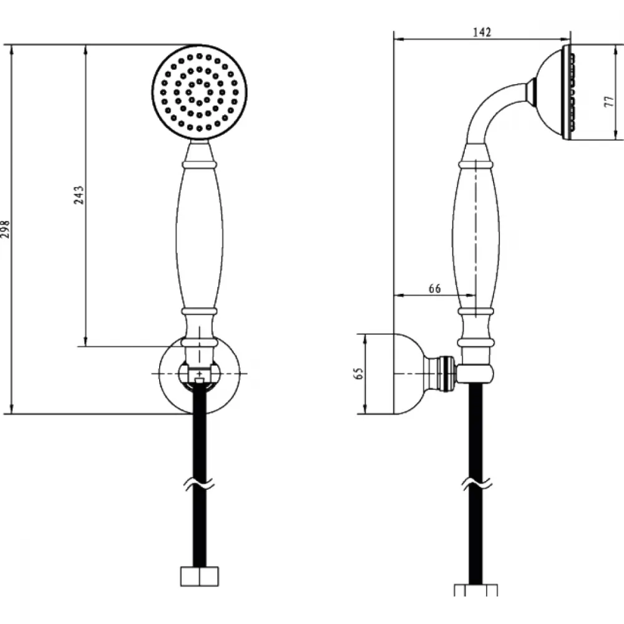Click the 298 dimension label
(x=5, y=229)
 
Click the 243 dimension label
(x=79, y=195)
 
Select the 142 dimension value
(x=482, y=32)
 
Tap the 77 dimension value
(x=609, y=101)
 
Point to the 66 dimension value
(x=434, y=288)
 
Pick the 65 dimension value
(x=359, y=373)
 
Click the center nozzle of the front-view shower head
(x=200, y=92)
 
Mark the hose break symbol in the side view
(x=477, y=483)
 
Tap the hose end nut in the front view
(x=200, y=577)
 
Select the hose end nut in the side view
(x=476, y=590)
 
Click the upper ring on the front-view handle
(x=200, y=164)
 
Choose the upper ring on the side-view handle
(x=476, y=164)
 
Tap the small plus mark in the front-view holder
(x=200, y=374)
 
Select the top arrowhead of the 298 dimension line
(x=12, y=50)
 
